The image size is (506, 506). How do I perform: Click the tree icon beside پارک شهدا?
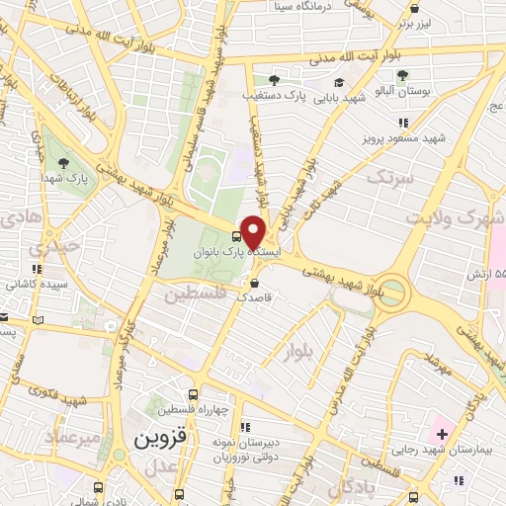(64, 162)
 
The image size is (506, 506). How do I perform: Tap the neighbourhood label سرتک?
(386, 177)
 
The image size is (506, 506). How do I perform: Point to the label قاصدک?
(254, 296)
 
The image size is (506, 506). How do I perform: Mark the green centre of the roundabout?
(393, 292)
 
